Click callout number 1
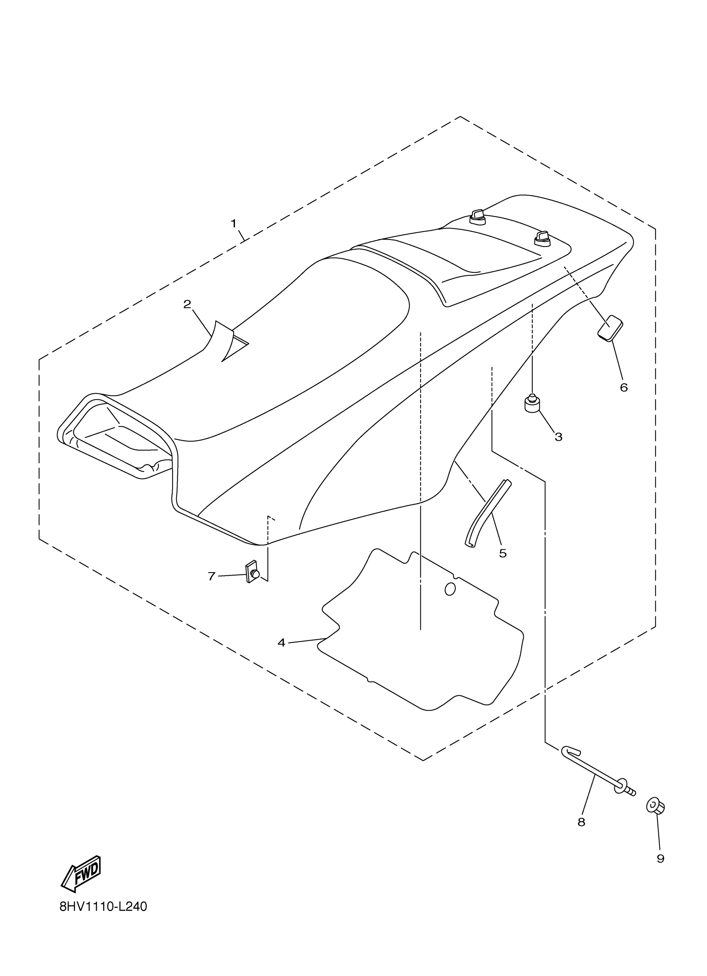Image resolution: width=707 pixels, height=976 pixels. [234, 224]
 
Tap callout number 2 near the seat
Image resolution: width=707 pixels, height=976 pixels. [187, 305]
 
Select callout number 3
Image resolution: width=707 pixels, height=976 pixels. [559, 437]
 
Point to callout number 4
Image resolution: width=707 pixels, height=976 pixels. [282, 643]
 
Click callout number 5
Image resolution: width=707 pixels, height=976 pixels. [503, 553]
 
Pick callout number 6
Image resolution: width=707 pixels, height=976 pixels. [624, 388]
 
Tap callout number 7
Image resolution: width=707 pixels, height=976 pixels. [211, 576]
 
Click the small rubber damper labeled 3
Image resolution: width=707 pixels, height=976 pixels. [532, 404]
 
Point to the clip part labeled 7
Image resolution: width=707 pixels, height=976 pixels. [252, 573]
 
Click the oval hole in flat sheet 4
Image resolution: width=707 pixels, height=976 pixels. [450, 589]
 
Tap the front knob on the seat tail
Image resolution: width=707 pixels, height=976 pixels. [477, 217]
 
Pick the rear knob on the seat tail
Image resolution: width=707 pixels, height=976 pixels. [542, 238]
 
